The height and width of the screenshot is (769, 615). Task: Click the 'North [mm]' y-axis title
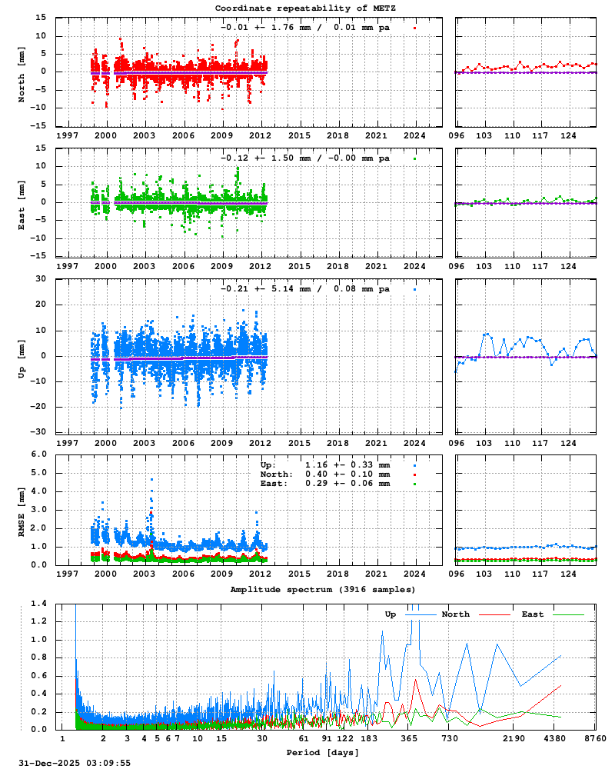point(22,72)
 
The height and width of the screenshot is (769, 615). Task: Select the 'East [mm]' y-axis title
point(22,202)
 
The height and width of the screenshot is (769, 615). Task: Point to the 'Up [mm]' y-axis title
point(22,356)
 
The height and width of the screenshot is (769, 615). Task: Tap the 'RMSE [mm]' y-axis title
point(22,510)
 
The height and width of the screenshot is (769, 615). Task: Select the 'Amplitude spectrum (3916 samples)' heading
point(323,589)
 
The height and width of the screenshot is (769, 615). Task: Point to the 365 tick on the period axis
point(409,738)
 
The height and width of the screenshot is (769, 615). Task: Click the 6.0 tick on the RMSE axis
point(39,454)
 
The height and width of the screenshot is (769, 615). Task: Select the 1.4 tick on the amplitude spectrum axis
point(39,604)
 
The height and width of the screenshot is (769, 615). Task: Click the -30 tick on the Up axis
point(39,431)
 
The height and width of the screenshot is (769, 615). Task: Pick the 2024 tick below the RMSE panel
point(415,574)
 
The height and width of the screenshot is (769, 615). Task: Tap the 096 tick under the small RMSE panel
point(458,574)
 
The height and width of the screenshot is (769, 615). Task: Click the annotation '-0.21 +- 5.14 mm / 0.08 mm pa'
point(305,289)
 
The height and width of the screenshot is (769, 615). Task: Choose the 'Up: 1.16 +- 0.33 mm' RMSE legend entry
point(325,465)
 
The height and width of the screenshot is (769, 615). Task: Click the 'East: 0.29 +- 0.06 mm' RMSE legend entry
point(325,484)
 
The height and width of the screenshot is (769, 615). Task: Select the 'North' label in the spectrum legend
point(455,614)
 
